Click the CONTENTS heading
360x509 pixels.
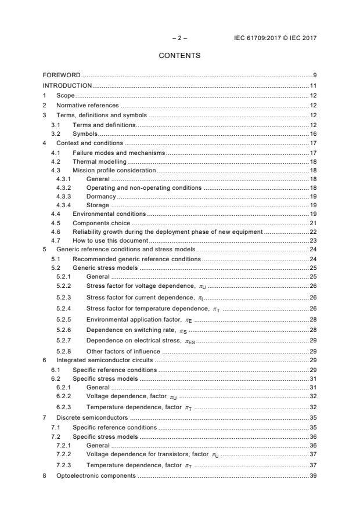[179, 56]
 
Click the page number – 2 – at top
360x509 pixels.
[179, 38]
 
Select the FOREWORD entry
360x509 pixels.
[62, 75]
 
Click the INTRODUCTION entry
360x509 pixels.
[67, 85]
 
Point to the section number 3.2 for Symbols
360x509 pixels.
[55, 133]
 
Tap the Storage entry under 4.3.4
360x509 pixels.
[98, 205]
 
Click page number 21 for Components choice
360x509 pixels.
[312, 223]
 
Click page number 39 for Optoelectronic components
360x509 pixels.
[312, 475]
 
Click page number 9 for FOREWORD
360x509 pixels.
[314, 75]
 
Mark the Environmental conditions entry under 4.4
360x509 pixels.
[109, 214]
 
